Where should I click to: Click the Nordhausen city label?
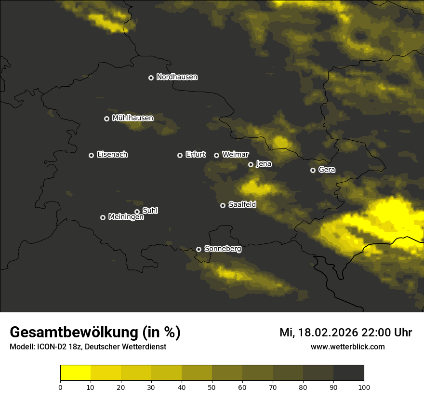177,77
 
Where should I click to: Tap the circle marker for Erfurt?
180,155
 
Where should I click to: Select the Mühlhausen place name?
132,118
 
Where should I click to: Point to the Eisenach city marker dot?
91,155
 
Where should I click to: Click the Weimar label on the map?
235,155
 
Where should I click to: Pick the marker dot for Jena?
251,164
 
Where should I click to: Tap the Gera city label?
327,170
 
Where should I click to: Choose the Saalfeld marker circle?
223,205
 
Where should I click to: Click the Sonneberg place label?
223,249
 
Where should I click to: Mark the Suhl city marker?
137,212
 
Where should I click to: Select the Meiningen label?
126,217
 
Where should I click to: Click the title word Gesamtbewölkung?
75,333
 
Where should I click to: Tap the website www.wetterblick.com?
347,347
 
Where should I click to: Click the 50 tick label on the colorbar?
212,387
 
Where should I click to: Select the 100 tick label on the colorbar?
364,387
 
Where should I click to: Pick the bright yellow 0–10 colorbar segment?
75,373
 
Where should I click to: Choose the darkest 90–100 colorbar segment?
348,373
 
